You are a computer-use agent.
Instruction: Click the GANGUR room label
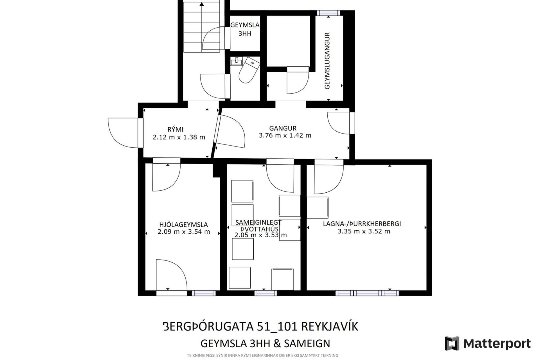coord(283,128)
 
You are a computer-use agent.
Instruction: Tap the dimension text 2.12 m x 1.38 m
coord(179,137)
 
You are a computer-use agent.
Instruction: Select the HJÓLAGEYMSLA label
coord(183,225)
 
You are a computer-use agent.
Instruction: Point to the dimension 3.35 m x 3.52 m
coord(364,231)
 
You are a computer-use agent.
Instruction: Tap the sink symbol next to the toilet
coord(236,61)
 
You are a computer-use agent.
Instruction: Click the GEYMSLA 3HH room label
coord(245,29)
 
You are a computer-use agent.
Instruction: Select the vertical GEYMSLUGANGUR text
coord(327,61)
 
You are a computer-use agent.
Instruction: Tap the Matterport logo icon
coord(452,343)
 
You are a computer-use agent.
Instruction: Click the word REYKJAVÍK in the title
coord(330,327)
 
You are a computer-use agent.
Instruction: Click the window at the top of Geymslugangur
coord(328,13)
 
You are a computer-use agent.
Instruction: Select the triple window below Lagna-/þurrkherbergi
coord(367,293)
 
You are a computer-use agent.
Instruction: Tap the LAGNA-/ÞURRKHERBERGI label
coord(362,224)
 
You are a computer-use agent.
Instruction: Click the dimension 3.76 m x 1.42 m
coord(285,136)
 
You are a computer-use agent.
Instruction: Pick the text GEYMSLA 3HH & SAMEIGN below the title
coord(265,343)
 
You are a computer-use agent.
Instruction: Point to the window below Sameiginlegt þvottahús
coord(265,293)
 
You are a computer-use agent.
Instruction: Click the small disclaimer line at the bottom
coord(262,355)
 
